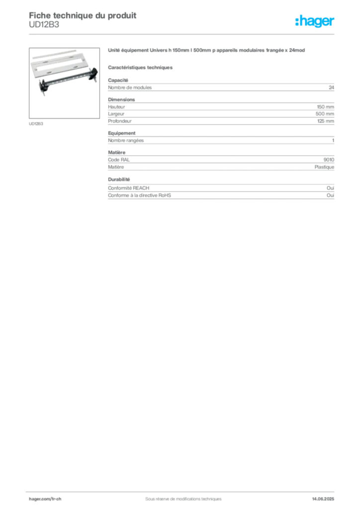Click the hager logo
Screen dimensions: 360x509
point(315,21)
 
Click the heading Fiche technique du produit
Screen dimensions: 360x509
point(83,15)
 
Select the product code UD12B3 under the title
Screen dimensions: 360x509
point(44,25)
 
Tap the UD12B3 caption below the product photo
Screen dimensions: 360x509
point(36,124)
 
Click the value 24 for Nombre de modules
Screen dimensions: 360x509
point(332,87)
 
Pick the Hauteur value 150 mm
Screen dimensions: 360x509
point(326,107)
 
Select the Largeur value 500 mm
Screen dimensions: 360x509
point(325,114)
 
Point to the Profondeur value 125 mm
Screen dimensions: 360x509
point(326,121)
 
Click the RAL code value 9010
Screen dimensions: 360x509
point(329,160)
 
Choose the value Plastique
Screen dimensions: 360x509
point(324,167)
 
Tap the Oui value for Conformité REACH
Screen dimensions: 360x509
point(331,188)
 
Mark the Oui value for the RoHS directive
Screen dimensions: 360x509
point(331,195)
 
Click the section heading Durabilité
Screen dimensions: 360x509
point(119,179)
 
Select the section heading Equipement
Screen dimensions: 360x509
point(122,133)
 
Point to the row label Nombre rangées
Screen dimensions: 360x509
point(126,141)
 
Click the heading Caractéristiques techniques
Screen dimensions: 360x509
point(140,68)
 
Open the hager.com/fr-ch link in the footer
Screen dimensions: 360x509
point(45,499)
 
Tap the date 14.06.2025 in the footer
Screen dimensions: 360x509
point(323,499)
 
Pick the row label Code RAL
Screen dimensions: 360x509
point(119,160)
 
